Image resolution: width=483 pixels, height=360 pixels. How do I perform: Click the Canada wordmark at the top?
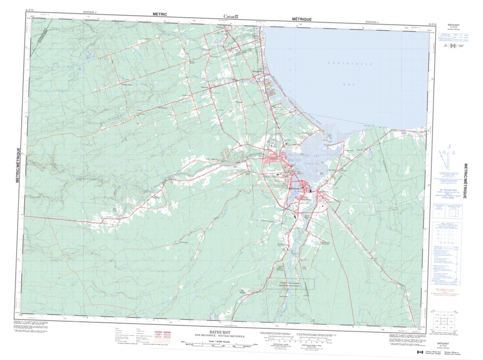tap(231, 16)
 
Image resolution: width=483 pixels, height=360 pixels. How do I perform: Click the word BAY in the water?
tap(346, 85)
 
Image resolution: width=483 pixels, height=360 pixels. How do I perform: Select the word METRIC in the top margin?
tap(160, 14)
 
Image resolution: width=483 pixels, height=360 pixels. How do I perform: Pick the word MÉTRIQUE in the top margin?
tap(301, 19)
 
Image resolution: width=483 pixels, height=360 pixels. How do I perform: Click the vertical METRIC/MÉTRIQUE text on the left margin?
tap(18, 165)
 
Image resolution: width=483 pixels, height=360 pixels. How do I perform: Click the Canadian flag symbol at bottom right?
tap(420, 352)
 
